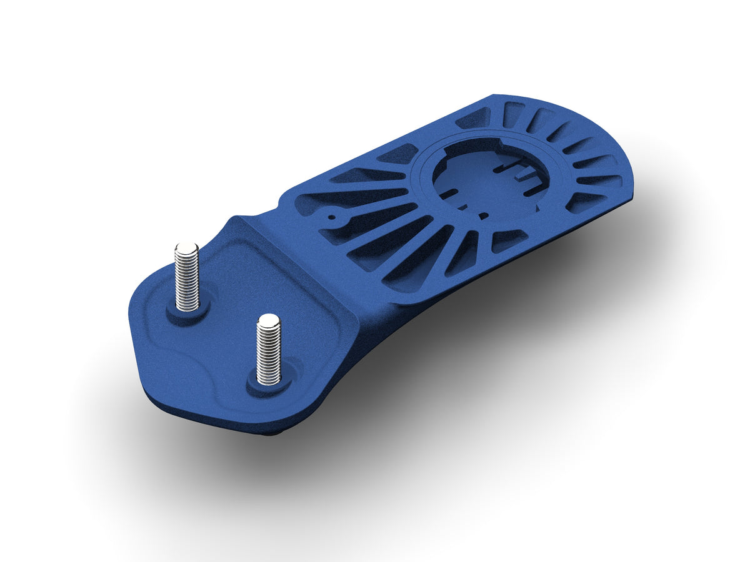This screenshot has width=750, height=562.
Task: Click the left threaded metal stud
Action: [x=186, y=278]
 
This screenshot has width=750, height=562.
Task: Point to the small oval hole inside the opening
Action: [x=482, y=216]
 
